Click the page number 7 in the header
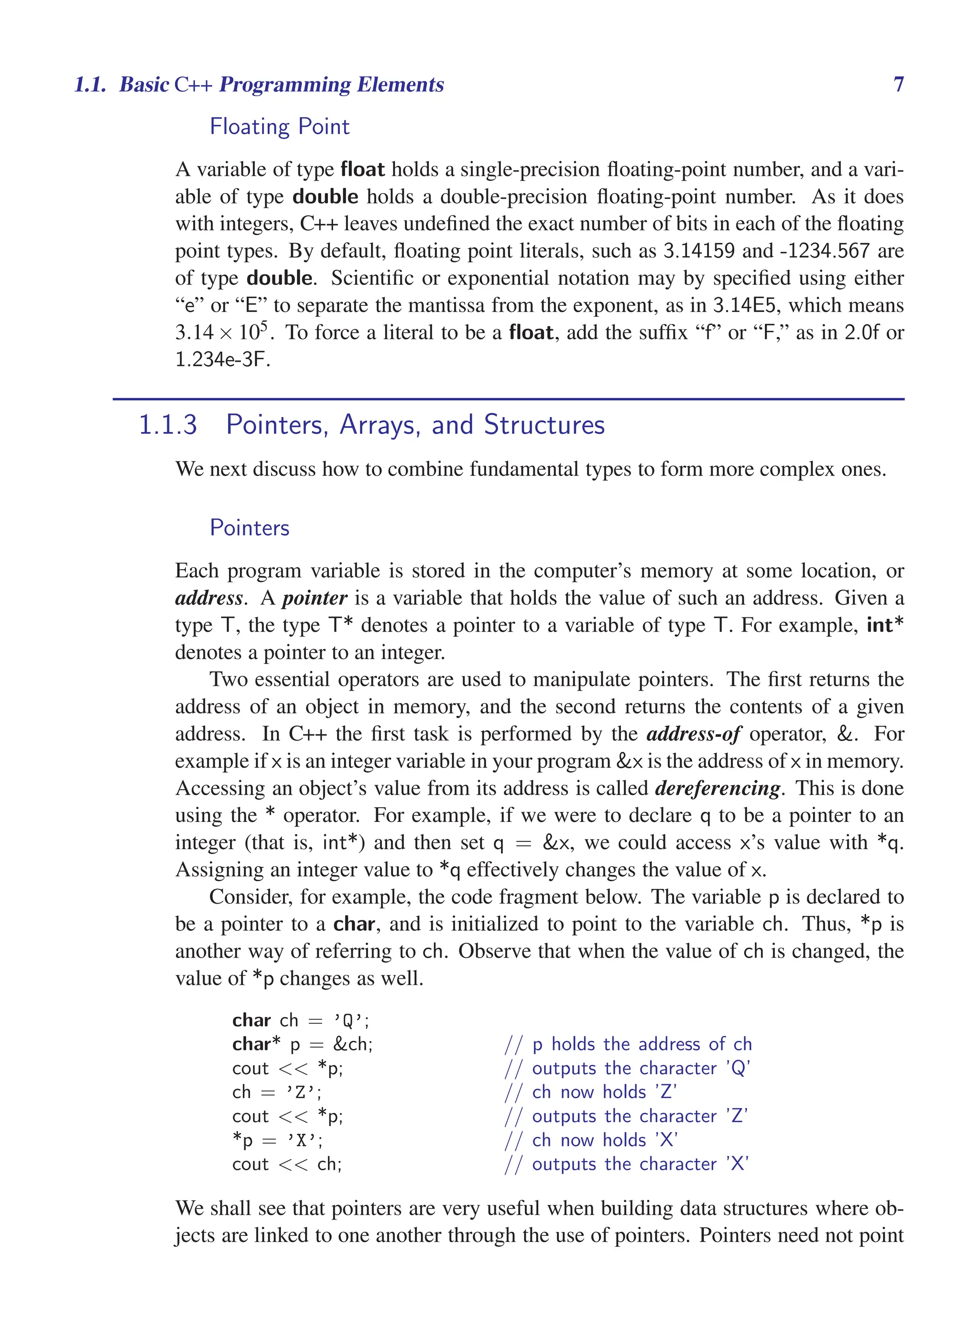[898, 85]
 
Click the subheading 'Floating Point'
[280, 127]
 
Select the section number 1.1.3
[168, 425]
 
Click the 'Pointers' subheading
[250, 528]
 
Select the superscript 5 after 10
[264, 325]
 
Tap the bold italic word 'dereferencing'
[718, 788]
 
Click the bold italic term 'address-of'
[693, 734]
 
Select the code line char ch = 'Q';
[301, 1020]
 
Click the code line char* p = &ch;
[302, 1044]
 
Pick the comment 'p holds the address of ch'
[642, 1044]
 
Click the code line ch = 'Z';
[277, 1092]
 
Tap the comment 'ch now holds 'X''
[605, 1140]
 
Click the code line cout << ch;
[287, 1164]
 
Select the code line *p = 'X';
[277, 1140]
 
